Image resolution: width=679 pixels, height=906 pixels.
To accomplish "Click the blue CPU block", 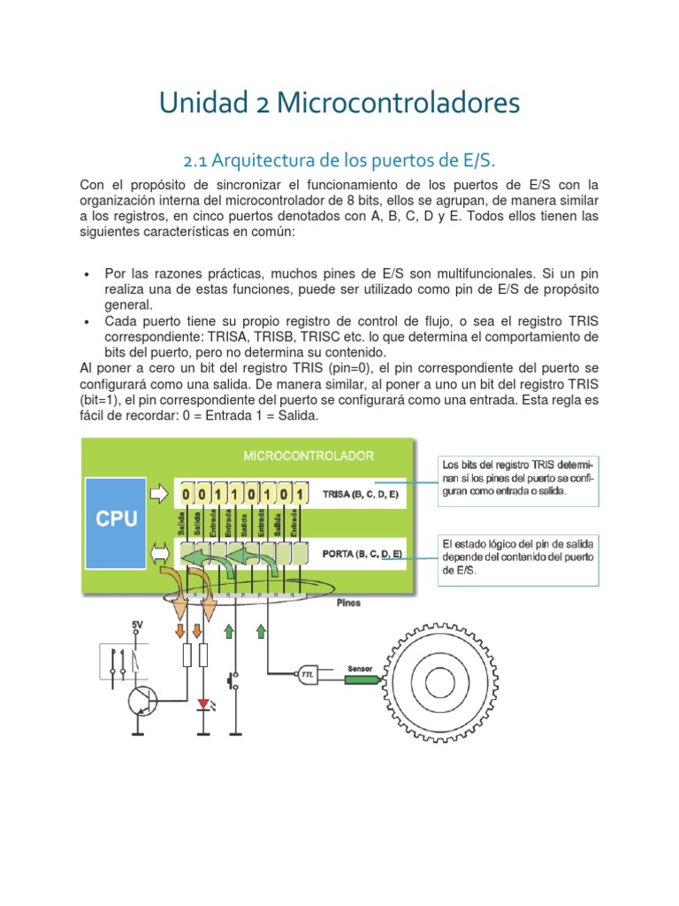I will [117, 518].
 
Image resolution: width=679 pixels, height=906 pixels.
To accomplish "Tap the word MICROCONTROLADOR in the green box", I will [308, 456].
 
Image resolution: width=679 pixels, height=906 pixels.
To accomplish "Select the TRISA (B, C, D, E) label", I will [361, 494].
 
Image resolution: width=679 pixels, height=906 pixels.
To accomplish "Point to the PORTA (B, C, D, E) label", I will [362, 555].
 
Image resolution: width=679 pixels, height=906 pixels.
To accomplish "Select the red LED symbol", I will [204, 704].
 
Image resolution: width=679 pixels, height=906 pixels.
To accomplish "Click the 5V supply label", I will [137, 625].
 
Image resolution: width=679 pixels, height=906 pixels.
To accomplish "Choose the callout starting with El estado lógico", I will [519, 557].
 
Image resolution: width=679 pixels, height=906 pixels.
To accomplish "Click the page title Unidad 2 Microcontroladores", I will [339, 103].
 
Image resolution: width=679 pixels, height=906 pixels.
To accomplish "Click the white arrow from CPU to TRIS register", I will [157, 493].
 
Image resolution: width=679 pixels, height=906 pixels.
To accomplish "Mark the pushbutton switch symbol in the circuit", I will [233, 682].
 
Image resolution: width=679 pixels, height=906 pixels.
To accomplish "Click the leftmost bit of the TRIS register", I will [187, 494].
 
